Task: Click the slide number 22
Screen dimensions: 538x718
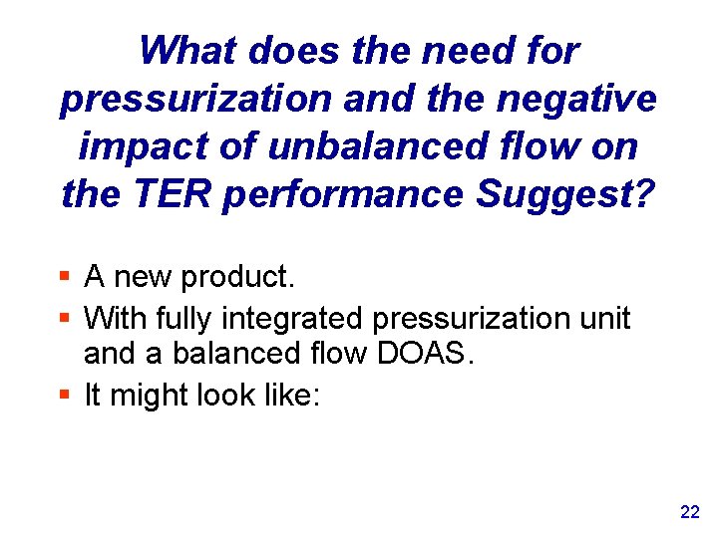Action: coord(689,512)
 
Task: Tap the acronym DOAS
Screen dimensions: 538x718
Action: coord(434,354)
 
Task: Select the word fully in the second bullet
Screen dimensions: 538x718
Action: coord(183,319)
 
